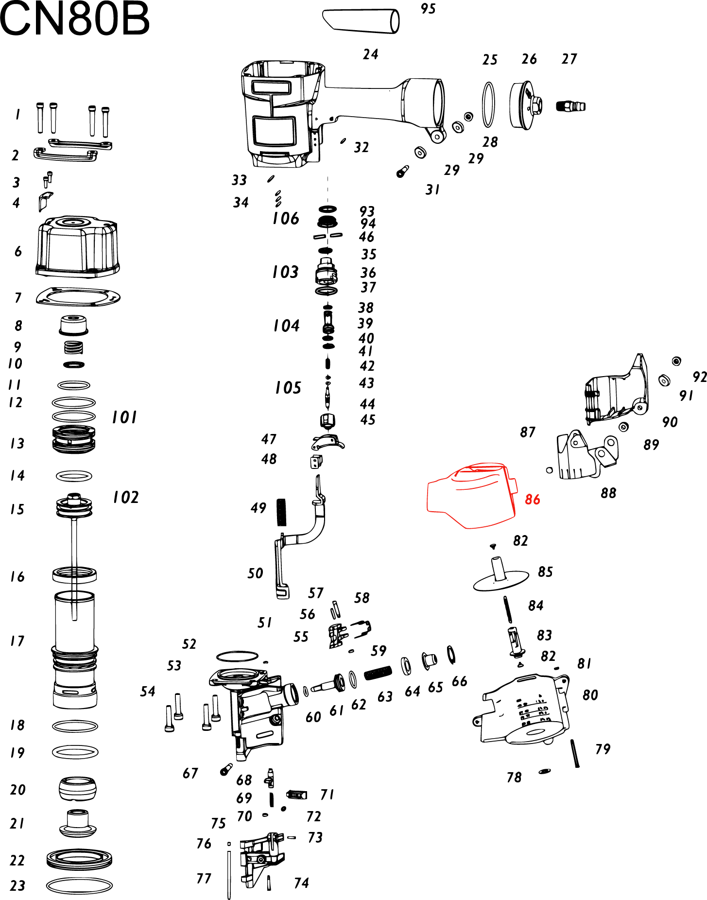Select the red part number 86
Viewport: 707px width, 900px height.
pos(532,500)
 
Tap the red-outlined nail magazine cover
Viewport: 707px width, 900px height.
pos(469,496)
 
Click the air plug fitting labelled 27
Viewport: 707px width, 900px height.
pos(570,105)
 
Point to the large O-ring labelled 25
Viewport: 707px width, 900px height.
pos(488,104)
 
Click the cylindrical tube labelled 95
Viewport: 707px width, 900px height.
pos(361,21)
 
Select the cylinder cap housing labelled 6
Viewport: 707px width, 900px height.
pos(78,247)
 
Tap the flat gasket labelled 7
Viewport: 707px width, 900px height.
pos(78,296)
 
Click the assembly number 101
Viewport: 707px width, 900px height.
pos(124,417)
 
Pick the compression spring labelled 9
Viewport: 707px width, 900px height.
pos(73,347)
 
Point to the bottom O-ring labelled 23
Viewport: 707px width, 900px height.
pos(79,885)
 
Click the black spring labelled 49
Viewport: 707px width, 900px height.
pos(281,512)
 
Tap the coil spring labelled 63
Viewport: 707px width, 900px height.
pos(378,673)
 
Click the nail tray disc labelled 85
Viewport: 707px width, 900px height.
pos(500,578)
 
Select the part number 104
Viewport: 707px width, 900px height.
pos(286,326)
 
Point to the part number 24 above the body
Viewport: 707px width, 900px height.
pos(370,54)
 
